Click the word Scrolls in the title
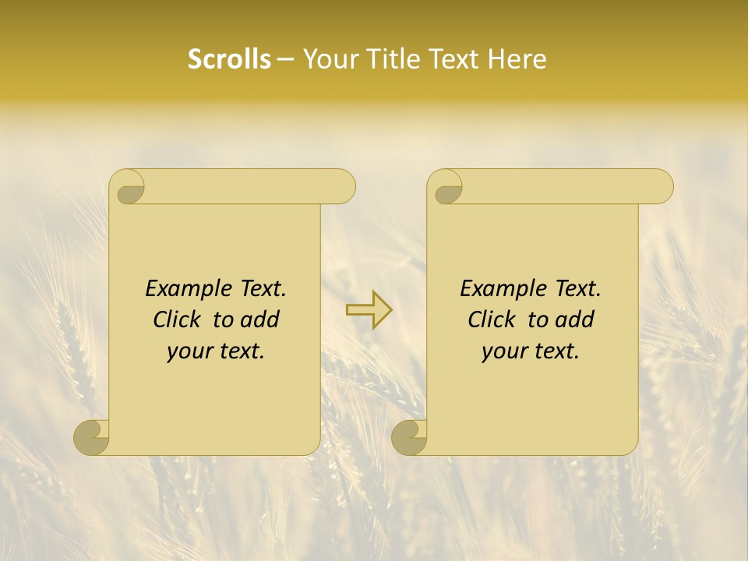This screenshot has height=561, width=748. click(229, 59)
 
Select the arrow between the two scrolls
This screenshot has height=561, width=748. click(369, 309)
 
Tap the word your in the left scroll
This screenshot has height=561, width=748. click(189, 351)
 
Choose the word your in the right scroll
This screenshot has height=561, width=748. click(503, 351)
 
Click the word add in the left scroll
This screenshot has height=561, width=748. click(260, 319)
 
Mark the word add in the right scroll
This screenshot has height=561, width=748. click(575, 319)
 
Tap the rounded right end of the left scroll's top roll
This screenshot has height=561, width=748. click(343, 187)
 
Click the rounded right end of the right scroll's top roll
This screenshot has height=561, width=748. click(661, 187)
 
